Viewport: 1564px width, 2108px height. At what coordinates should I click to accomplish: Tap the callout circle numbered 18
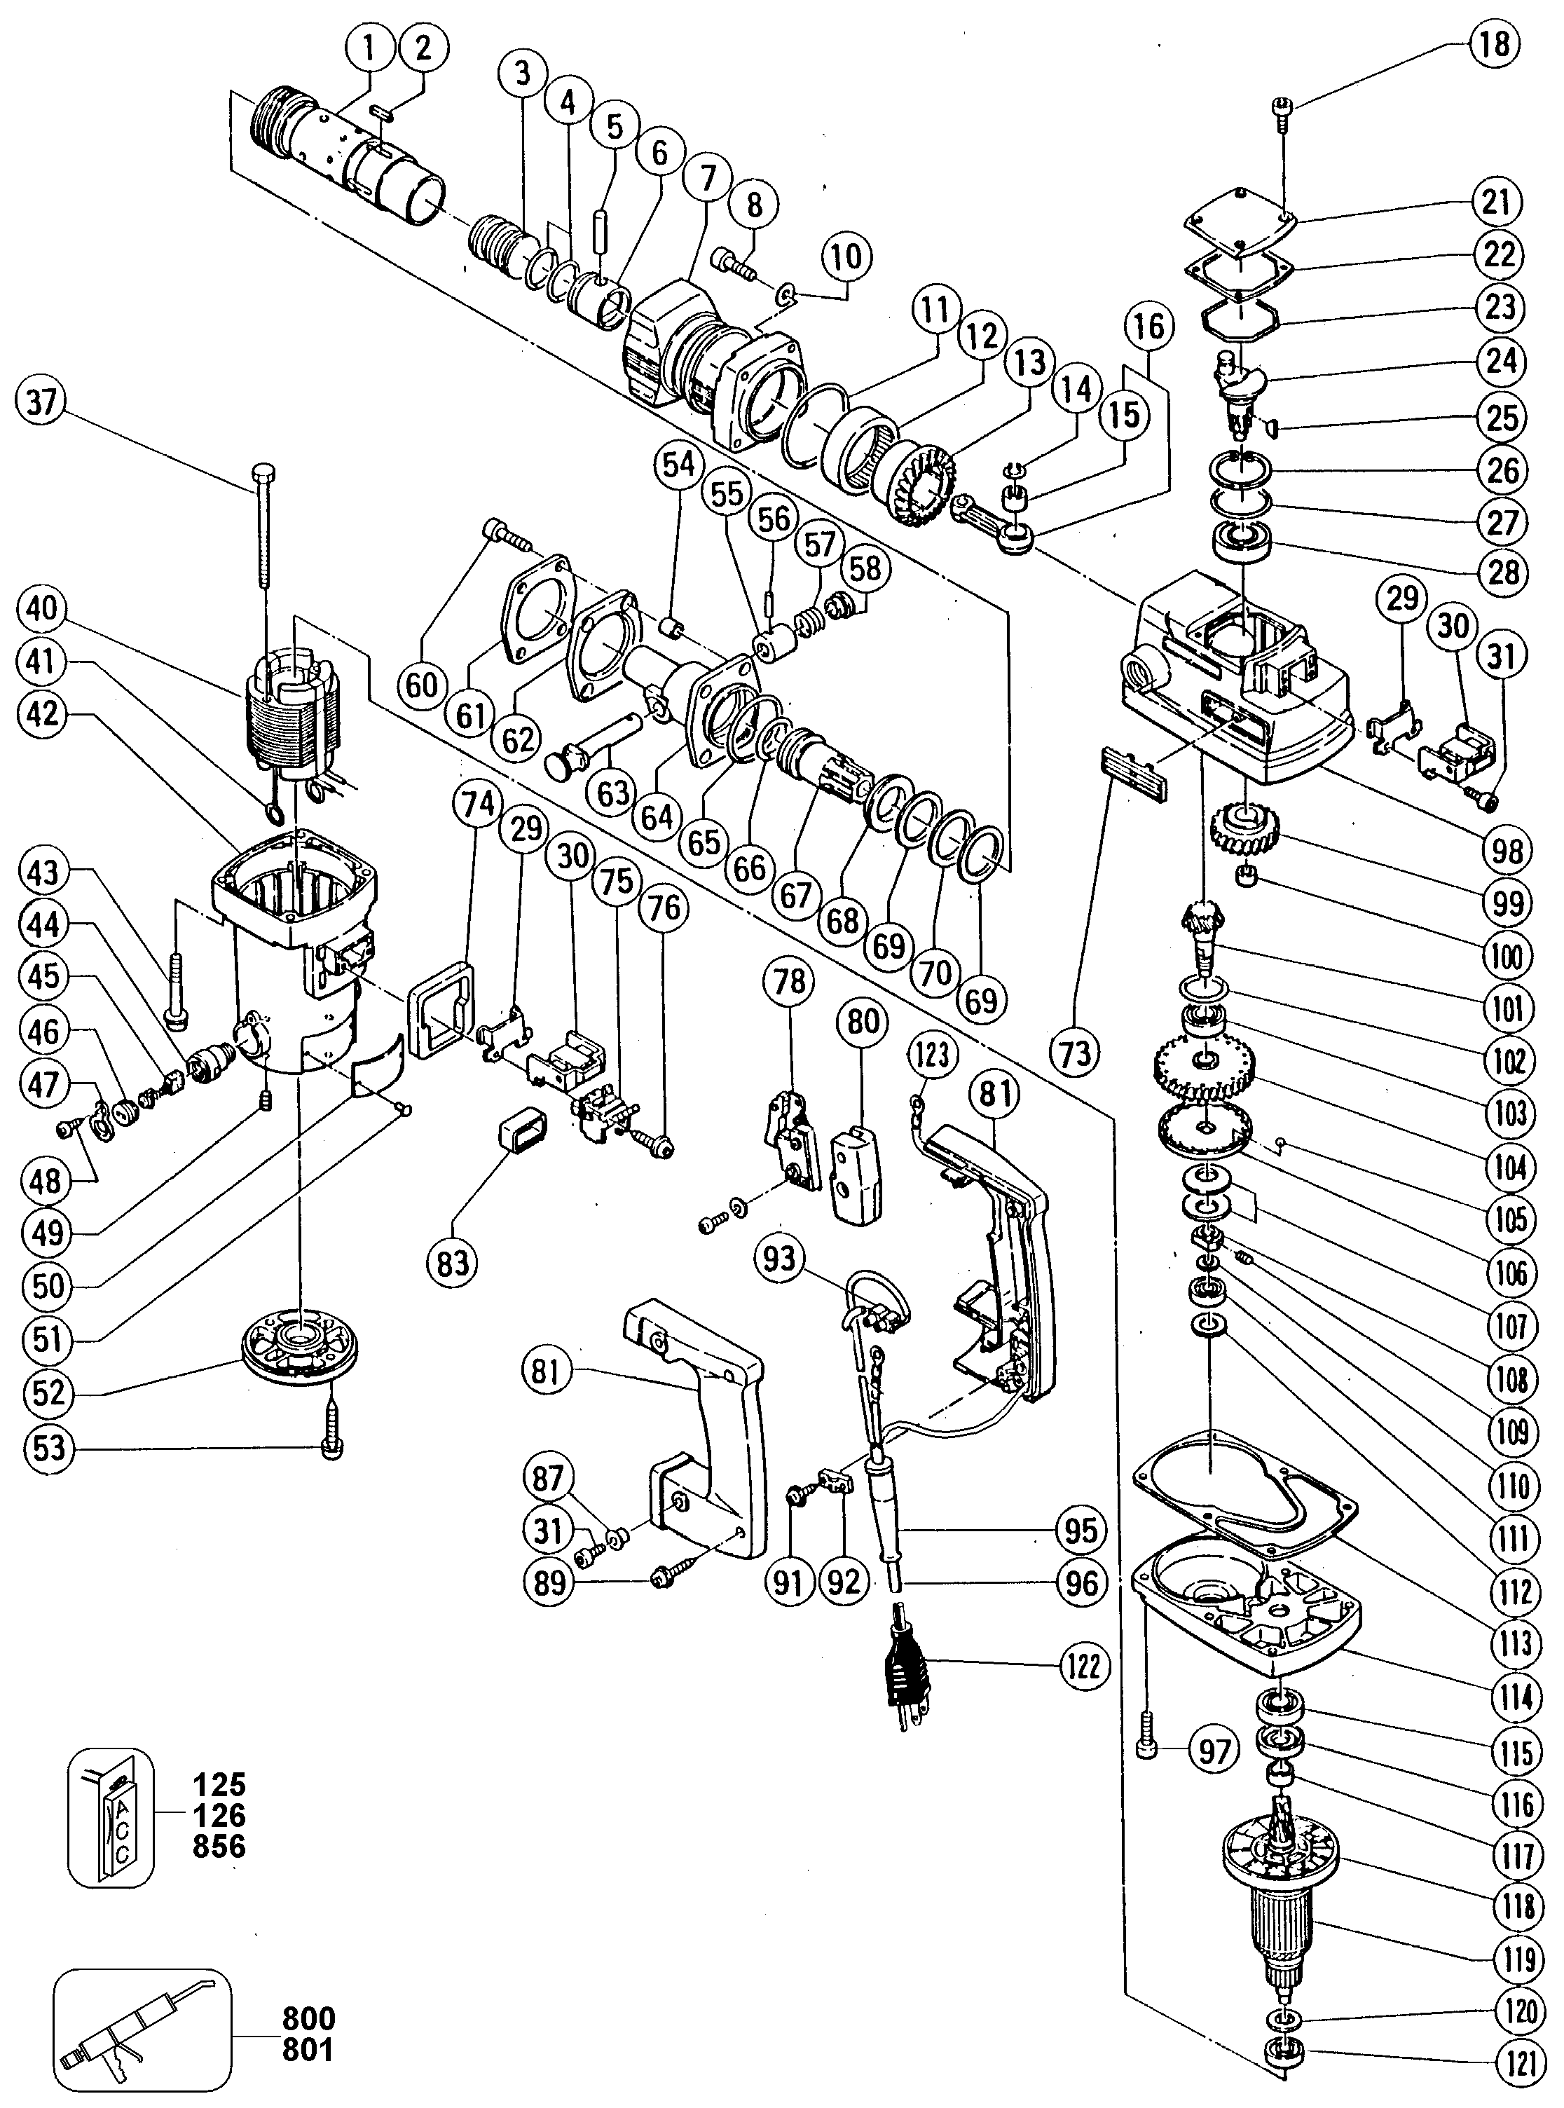[x=1495, y=43]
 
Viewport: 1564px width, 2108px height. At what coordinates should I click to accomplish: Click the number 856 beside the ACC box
[x=219, y=1846]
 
